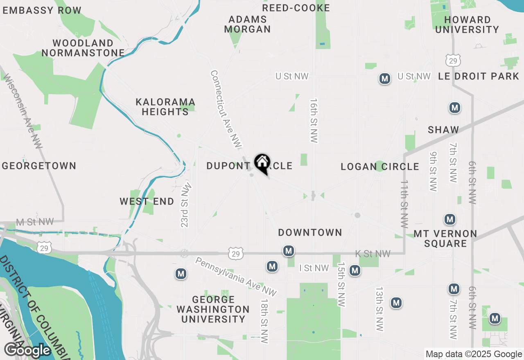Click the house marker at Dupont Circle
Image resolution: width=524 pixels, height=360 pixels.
[262, 163]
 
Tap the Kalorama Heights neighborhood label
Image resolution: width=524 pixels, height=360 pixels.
[165, 106]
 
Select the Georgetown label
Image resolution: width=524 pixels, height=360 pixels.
[39, 166]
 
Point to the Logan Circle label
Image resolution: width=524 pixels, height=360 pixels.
[380, 166]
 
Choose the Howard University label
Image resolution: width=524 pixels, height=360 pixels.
[467, 25]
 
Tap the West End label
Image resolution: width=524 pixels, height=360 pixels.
[147, 201]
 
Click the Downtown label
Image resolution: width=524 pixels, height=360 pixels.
[310, 232]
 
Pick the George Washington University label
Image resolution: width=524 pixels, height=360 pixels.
[213, 309]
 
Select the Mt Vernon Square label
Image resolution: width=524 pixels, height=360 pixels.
[445, 239]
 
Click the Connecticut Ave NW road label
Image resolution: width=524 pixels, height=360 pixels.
[226, 108]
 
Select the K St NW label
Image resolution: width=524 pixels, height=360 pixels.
[373, 254]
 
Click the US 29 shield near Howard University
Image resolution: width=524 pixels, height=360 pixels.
[452, 61]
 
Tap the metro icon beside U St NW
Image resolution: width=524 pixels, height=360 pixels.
[384, 79]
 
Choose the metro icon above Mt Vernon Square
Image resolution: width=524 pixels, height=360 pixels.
[450, 219]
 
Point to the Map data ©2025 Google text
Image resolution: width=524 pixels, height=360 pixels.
[474, 354]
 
